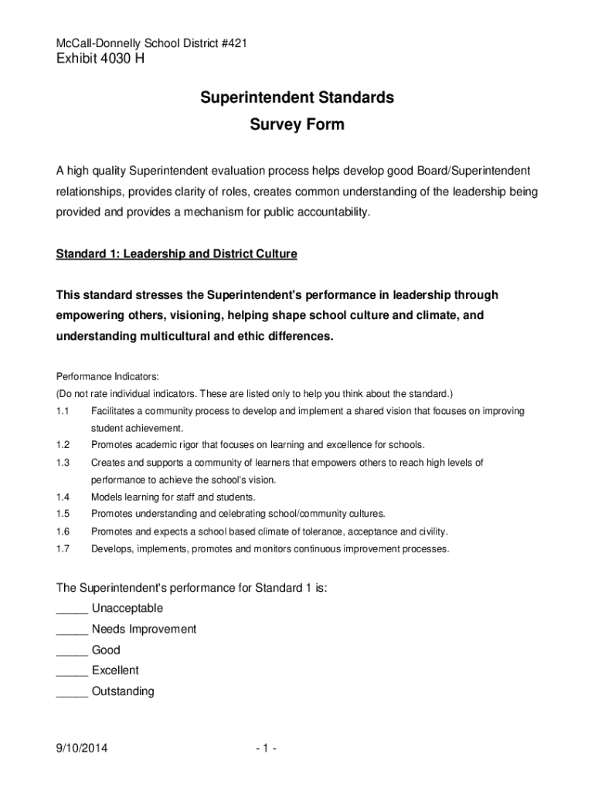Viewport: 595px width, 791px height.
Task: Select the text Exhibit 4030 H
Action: pos(100,61)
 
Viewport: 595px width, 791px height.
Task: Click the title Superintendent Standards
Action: pos(297,98)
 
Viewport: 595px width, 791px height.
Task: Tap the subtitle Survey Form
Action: pos(297,124)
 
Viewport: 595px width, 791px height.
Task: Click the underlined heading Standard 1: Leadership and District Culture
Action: pos(176,253)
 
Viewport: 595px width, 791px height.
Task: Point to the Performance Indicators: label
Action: pos(107,376)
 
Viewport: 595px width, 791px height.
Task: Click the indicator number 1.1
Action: pos(63,411)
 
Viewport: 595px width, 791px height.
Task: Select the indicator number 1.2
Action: pos(63,445)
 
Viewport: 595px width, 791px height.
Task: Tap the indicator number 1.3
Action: pos(63,463)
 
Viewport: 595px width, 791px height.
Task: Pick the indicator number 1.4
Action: pos(63,497)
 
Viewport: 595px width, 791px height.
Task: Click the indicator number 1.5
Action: pos(63,514)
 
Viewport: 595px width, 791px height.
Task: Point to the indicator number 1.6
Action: pos(63,531)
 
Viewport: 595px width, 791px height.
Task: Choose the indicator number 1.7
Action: pos(63,549)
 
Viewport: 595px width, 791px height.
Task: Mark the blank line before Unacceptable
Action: pos(72,610)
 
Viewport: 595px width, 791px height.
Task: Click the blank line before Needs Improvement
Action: pos(72,631)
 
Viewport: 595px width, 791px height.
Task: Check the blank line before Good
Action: pos(72,652)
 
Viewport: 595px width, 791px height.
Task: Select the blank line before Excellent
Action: pos(72,672)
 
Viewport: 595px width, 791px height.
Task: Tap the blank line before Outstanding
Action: pos(72,693)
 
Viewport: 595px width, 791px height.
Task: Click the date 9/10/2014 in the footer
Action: pos(82,749)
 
